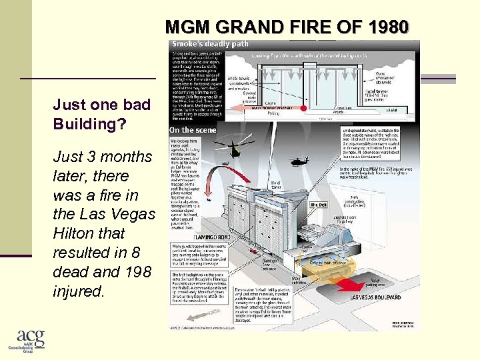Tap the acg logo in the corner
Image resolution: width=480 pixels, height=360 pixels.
coord(31,341)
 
